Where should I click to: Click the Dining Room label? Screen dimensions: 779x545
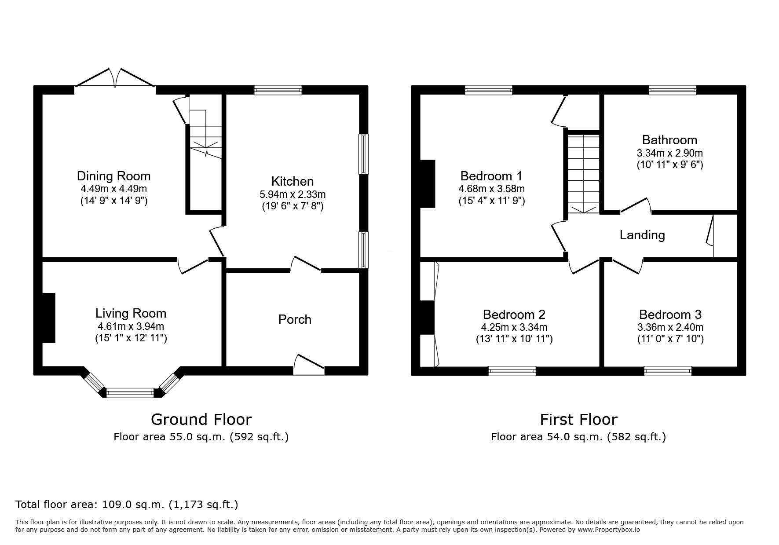113,176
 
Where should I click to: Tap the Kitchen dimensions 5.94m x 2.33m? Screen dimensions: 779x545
293,194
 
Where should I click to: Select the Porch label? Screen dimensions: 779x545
295,319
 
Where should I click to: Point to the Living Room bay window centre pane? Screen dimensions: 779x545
130,393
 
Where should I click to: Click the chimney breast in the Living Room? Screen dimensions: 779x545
48,318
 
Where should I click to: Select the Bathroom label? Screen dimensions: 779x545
669,140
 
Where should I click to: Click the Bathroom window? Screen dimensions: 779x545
673,90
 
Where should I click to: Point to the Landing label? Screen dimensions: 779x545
642,235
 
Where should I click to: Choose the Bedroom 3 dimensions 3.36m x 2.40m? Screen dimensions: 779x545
670,327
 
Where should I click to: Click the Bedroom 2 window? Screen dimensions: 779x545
512,371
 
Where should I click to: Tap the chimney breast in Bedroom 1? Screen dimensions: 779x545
428,183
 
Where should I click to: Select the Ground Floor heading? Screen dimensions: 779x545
201,420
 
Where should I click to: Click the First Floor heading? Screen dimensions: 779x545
579,420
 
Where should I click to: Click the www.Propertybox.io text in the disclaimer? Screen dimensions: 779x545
609,530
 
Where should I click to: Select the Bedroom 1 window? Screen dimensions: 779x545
489,90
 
